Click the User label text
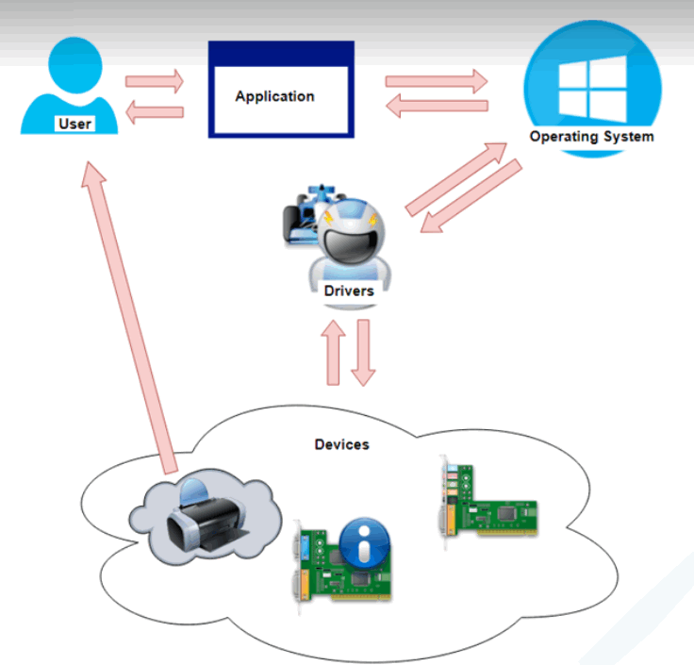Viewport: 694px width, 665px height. tap(74, 124)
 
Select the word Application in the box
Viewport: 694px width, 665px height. tap(274, 96)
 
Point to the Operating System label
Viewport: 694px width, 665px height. tap(591, 137)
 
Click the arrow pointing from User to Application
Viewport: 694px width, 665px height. tap(155, 81)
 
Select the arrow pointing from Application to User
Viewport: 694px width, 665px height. tap(155, 113)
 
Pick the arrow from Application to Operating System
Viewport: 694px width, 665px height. tap(436, 81)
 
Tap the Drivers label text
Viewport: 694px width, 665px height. tap(349, 291)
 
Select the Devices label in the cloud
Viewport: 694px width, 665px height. tap(341, 443)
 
